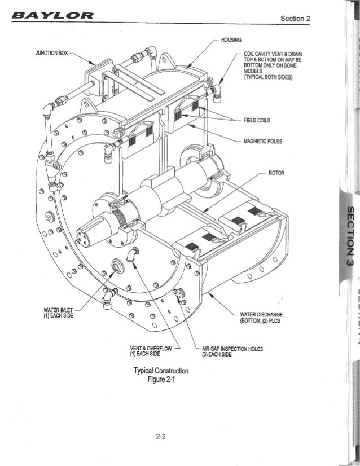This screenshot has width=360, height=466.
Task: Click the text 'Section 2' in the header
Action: (x=295, y=19)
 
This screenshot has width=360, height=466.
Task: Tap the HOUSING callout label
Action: (x=231, y=39)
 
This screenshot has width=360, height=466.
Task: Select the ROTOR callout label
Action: (x=277, y=173)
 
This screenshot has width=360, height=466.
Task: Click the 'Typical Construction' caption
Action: (x=160, y=371)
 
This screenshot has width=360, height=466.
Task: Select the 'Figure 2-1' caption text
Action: (x=160, y=380)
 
